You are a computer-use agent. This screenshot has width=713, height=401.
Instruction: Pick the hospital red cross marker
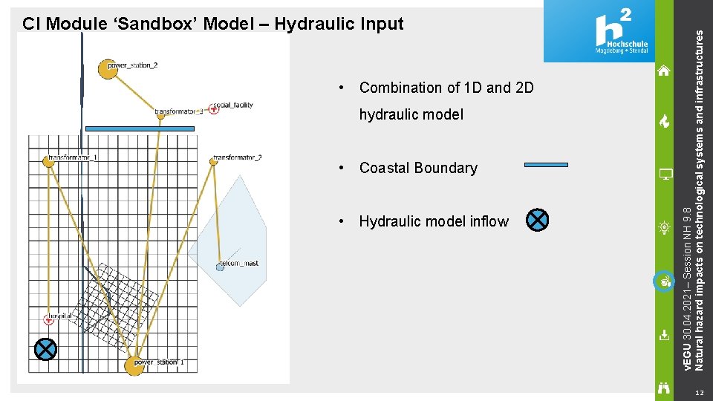click(49, 319)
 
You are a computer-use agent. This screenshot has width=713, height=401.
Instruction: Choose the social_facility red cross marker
click(214, 109)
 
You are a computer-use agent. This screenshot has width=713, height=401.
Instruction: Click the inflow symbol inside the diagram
click(46, 349)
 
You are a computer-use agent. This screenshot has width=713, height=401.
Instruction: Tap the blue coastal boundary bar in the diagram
click(140, 128)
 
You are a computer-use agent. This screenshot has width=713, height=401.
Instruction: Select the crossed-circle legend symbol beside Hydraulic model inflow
click(537, 220)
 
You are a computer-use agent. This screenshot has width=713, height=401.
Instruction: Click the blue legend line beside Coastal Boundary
click(546, 164)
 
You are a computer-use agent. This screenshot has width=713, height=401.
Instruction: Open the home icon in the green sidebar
click(664, 71)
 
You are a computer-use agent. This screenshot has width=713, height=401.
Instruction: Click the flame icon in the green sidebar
click(664, 122)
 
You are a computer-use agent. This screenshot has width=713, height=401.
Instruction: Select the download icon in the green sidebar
click(664, 335)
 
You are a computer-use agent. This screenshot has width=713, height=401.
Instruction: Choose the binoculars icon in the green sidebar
click(664, 386)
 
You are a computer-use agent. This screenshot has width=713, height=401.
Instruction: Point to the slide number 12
click(697, 392)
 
